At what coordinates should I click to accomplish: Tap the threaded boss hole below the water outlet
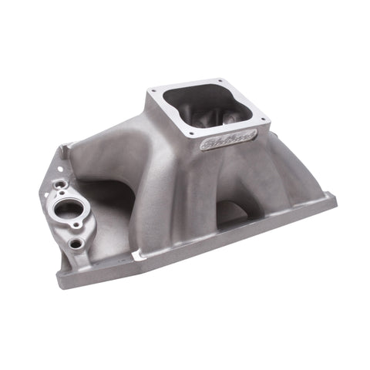pos(75,244)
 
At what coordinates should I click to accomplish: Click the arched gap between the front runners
pos(229,210)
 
